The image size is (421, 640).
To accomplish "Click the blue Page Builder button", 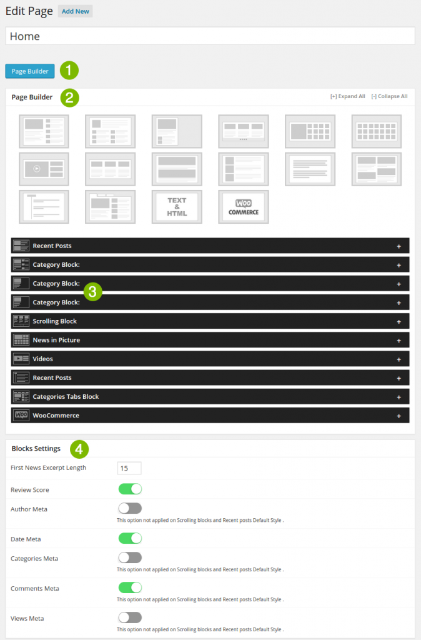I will [30, 71].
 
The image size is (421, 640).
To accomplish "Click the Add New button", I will [75, 11].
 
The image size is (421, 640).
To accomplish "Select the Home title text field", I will [210, 36].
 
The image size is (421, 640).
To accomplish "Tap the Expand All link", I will [348, 97].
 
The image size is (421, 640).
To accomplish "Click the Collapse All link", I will [389, 97].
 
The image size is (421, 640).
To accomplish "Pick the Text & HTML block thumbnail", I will [177, 206].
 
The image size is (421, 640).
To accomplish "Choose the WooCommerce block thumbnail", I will [243, 206].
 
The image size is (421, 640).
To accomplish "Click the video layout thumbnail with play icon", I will [44, 169].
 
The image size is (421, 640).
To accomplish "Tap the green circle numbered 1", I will [69, 70].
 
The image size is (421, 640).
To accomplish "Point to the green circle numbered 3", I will [92, 291].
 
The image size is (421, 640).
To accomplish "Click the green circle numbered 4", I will [79, 449].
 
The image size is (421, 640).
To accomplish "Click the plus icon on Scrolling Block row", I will [399, 321].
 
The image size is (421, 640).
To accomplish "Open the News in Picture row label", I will [56, 340].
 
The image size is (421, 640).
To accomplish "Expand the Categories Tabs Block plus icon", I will [399, 397].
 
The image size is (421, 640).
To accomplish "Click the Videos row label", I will [42, 359].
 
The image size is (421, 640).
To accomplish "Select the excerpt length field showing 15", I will [129, 468].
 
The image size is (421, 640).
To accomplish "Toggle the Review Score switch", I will [130, 489].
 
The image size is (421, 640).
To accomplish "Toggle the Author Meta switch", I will [130, 508].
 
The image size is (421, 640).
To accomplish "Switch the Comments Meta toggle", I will [130, 587].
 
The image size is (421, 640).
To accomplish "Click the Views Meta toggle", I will [130, 617].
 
